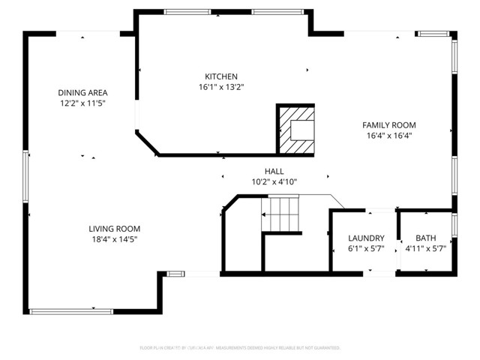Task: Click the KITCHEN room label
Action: [x=221, y=76]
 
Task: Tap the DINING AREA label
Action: [x=82, y=92]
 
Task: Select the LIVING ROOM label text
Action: [x=114, y=229]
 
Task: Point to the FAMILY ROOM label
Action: [x=389, y=125]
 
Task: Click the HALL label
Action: [x=274, y=172]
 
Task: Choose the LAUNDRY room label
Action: [x=366, y=238]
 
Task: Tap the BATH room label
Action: [x=425, y=238]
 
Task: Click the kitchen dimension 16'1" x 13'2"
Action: [x=221, y=87]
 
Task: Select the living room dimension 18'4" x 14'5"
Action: [x=114, y=239]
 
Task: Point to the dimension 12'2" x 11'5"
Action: [x=82, y=103]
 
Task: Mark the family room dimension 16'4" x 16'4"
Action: [x=389, y=136]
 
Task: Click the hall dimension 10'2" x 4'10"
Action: [x=274, y=182]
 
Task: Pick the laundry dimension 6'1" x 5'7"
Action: [x=366, y=248]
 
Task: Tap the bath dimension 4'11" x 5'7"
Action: [x=425, y=248]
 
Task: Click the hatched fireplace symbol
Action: [x=295, y=130]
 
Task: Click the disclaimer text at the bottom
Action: [x=240, y=347]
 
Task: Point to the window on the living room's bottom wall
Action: [x=61, y=310]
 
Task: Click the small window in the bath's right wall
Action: [x=454, y=225]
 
